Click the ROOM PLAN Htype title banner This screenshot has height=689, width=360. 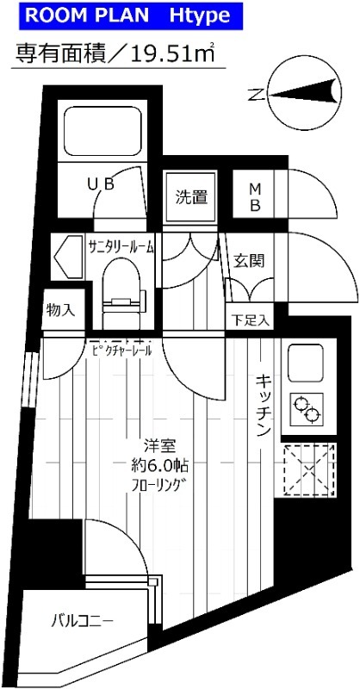131,16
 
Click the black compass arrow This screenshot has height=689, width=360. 302,94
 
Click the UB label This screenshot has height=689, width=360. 101,184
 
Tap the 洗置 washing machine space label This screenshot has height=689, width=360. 191,197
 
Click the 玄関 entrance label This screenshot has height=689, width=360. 249,261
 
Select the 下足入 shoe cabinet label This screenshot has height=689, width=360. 250,320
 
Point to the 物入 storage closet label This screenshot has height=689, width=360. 60,311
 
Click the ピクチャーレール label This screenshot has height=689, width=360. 122,351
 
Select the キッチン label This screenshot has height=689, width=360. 264,405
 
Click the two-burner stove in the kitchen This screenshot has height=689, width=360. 307,410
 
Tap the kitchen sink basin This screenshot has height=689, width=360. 306,363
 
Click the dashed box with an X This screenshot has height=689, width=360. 308,469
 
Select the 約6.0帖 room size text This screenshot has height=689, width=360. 158,465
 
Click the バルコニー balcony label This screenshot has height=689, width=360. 84,621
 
